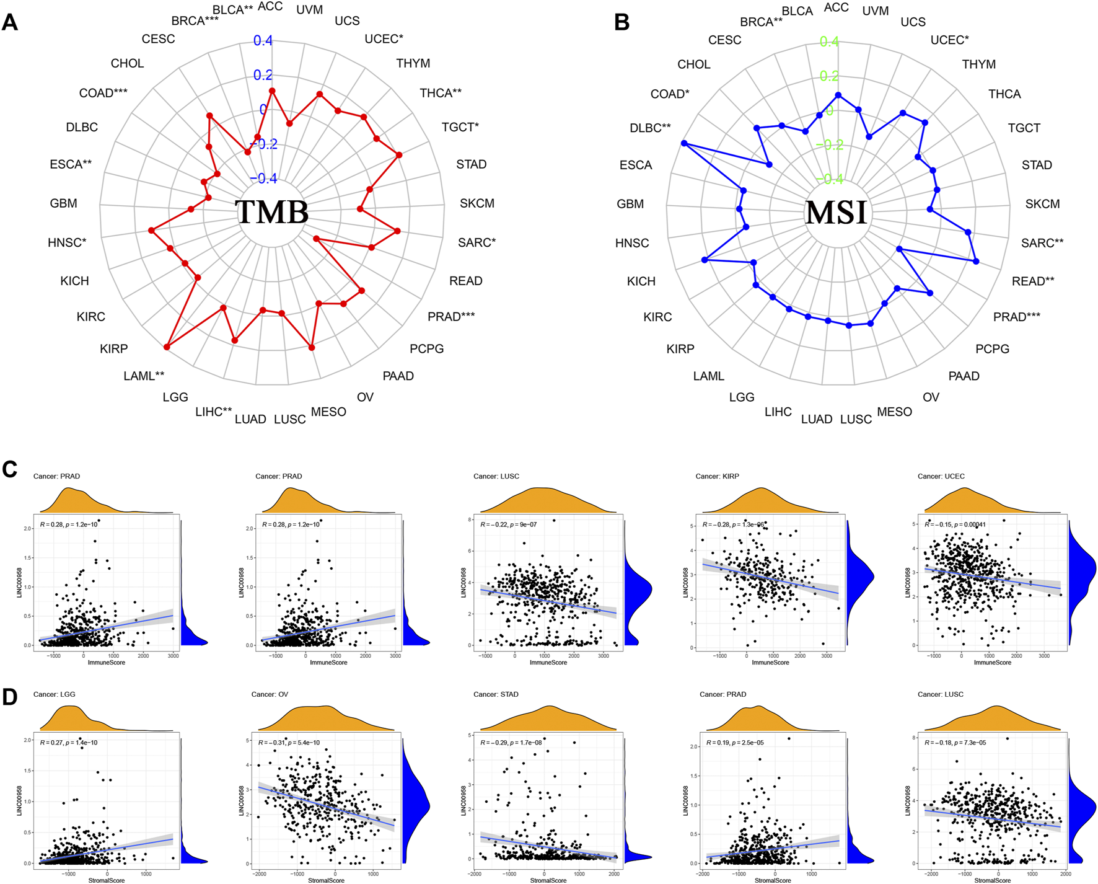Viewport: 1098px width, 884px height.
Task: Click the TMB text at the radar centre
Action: [x=272, y=212]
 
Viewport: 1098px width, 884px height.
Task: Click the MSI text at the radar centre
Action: [x=836, y=213]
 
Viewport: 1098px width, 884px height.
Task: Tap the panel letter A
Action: [x=10, y=23]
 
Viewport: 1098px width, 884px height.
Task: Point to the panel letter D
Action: [x=10, y=697]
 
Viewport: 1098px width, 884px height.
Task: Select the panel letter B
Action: [x=621, y=23]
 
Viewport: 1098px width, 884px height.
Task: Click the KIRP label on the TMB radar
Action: [x=113, y=349]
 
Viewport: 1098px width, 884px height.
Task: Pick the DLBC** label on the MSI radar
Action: [x=650, y=128]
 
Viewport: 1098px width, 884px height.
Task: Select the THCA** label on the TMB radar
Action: [x=441, y=93]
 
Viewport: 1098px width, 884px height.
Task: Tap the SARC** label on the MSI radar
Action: [x=1042, y=243]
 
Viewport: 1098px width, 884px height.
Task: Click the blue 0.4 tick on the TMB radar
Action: [x=263, y=41]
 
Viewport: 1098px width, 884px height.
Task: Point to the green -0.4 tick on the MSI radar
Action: [x=829, y=179]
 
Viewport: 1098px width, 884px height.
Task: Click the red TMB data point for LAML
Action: [x=167, y=347]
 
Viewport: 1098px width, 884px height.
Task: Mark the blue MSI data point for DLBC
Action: [x=684, y=143]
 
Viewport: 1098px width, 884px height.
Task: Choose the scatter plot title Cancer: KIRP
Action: [x=717, y=476]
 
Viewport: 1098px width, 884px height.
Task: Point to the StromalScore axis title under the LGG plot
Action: [x=106, y=880]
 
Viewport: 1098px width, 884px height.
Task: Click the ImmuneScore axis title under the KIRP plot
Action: [x=770, y=663]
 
